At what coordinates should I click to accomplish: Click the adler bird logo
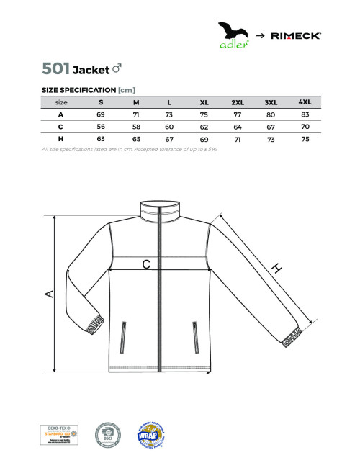pyautogui.click(x=234, y=33)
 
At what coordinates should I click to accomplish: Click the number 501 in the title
pyautogui.click(x=56, y=69)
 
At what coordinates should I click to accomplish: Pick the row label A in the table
pyautogui.click(x=60, y=114)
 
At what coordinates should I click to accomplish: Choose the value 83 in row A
pyautogui.click(x=305, y=114)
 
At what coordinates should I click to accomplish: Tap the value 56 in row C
pyautogui.click(x=101, y=126)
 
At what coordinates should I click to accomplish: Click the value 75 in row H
pyautogui.click(x=305, y=138)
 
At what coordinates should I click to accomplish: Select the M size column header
pyautogui.click(x=135, y=102)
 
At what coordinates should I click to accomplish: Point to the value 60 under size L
pyautogui.click(x=169, y=126)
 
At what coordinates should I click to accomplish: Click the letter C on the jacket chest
pyautogui.click(x=145, y=265)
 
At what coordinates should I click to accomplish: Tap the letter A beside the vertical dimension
pyautogui.click(x=49, y=293)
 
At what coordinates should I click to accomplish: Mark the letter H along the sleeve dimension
pyautogui.click(x=276, y=269)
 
